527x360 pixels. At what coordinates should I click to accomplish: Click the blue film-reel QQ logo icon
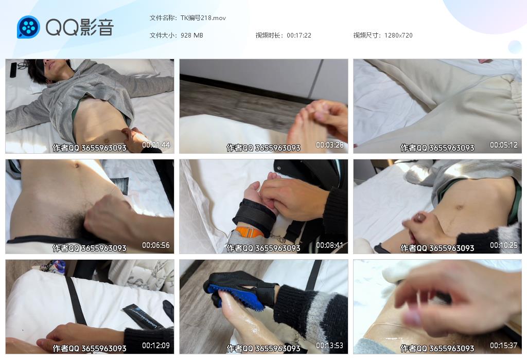click(x=28, y=27)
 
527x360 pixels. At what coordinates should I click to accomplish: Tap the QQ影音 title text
click(x=80, y=27)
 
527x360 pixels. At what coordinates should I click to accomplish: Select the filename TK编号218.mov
click(x=203, y=18)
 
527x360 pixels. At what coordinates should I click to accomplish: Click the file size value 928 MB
click(x=191, y=35)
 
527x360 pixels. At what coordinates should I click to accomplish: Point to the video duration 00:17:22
click(x=299, y=35)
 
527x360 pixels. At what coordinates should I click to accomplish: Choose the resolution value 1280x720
click(x=398, y=35)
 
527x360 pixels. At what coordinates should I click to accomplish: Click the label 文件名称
click(x=162, y=18)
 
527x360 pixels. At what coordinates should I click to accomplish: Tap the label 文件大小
click(x=162, y=35)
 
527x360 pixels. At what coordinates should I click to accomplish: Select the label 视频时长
click(x=268, y=35)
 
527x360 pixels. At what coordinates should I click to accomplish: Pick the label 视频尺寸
click(x=366, y=35)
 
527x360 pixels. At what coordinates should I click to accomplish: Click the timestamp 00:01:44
click(x=156, y=145)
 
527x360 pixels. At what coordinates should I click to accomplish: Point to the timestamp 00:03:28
click(x=330, y=145)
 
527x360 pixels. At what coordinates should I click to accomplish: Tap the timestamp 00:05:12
click(x=503, y=145)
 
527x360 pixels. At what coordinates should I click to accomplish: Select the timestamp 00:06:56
click(x=156, y=245)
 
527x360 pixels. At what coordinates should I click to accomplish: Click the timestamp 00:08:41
click(x=330, y=245)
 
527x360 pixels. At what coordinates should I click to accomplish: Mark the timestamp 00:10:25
click(x=503, y=245)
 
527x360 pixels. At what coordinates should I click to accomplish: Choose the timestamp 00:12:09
click(x=156, y=345)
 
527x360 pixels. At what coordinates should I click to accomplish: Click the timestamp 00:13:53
click(x=330, y=345)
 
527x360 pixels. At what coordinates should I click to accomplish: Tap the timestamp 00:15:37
click(x=503, y=345)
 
